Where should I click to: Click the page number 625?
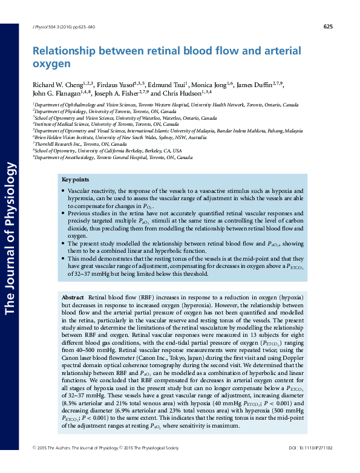(x=329, y=27)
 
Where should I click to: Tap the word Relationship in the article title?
(x=63, y=52)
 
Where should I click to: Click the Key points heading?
(x=75, y=180)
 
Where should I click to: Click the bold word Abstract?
(x=73, y=299)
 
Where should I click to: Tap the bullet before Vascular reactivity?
(x=64, y=191)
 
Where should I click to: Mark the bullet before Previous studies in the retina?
(x=64, y=214)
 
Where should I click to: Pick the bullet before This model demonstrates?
(x=64, y=259)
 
